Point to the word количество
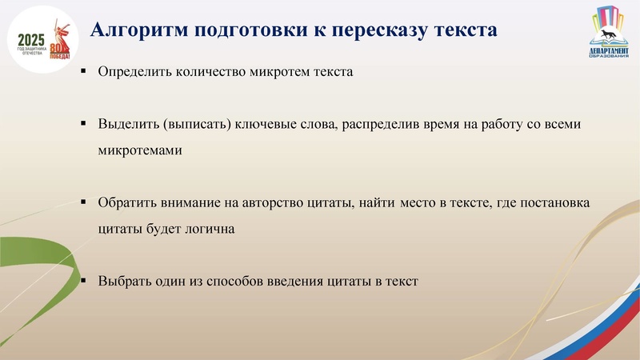[210, 72]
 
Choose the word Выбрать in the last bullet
[123, 282]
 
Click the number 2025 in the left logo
[31, 39]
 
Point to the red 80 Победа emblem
[60, 50]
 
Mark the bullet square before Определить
[83, 72]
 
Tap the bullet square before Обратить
[83, 203]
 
